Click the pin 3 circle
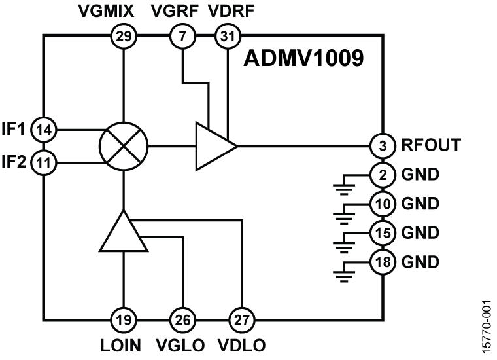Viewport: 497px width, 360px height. [x=381, y=145]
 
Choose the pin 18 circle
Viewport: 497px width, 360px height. [x=381, y=262]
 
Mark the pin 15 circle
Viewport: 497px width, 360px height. [x=381, y=233]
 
